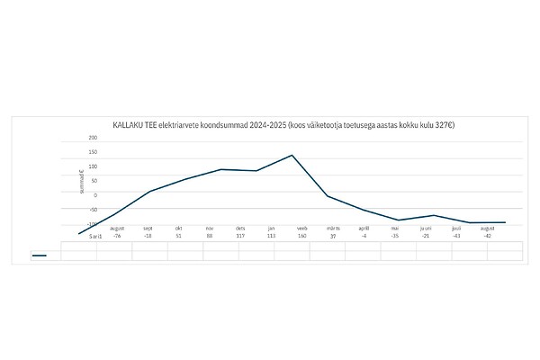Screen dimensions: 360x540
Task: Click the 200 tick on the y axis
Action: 93,138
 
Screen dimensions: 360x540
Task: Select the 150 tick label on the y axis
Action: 93,152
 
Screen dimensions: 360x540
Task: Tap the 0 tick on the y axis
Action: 94,194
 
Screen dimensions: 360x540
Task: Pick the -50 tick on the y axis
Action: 93,209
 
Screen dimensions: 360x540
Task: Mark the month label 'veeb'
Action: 301,229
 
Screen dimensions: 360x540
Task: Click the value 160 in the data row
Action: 301,236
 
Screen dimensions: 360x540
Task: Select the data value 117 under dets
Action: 240,236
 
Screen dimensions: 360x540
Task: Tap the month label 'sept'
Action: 148,229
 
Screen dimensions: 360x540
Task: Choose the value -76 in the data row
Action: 117,236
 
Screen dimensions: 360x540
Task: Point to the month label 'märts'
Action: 332,229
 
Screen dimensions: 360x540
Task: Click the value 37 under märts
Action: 332,236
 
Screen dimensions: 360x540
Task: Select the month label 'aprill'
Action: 364,229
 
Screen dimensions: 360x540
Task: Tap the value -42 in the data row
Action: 487,236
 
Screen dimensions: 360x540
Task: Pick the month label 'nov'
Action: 209,229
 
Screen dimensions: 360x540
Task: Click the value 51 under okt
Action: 178,236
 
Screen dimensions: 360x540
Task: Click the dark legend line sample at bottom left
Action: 39,255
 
